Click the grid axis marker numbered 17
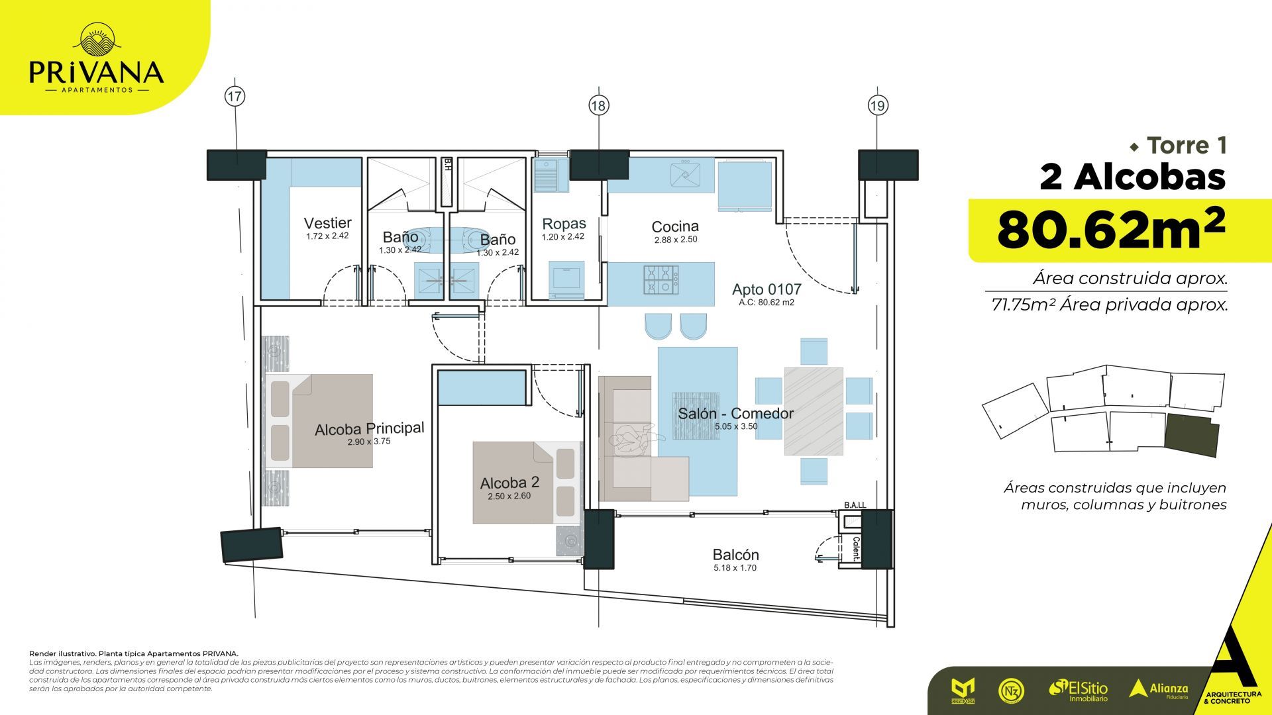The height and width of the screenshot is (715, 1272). pyautogui.click(x=235, y=96)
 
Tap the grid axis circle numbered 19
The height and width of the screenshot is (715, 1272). pyautogui.click(x=878, y=105)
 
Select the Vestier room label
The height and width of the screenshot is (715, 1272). pyautogui.click(x=327, y=223)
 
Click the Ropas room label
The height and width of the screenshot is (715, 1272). pyautogui.click(x=563, y=224)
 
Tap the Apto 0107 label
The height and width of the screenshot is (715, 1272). pyautogui.click(x=767, y=289)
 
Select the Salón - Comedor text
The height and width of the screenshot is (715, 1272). pyautogui.click(x=735, y=414)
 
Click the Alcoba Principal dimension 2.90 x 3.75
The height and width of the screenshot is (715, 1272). pyautogui.click(x=368, y=441)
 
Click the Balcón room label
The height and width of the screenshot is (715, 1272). pyautogui.click(x=735, y=555)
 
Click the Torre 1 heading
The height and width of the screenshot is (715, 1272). pyautogui.click(x=1186, y=145)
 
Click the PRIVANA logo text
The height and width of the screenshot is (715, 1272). pyautogui.click(x=96, y=71)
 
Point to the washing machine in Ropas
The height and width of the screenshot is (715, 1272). pyautogui.click(x=566, y=279)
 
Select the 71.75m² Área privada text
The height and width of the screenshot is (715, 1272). pyautogui.click(x=1109, y=305)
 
